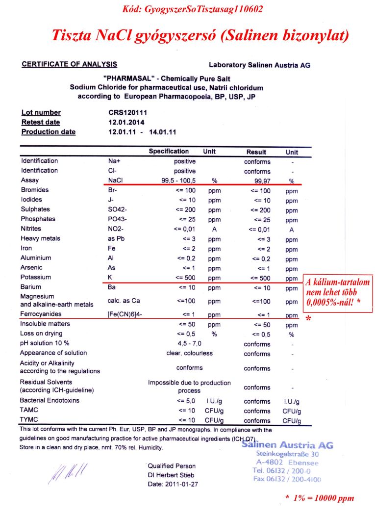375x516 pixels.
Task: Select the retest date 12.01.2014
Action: point(126,123)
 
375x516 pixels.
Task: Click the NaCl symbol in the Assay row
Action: point(115,181)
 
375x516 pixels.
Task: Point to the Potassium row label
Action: point(36,277)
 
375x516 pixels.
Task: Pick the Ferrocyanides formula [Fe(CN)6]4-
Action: point(125,314)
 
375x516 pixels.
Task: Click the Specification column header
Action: point(169,152)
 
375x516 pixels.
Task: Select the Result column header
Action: point(256,152)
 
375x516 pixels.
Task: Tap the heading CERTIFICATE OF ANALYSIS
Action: point(69,64)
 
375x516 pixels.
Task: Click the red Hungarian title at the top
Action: point(200,36)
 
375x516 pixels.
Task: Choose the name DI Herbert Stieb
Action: point(171,475)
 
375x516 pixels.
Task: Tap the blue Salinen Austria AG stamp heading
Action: point(287,445)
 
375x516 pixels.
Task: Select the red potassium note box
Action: point(338,292)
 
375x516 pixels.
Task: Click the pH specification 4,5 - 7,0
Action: point(190,343)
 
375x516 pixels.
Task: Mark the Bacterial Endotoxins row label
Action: point(50,401)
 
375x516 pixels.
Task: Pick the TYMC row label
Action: point(29,420)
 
